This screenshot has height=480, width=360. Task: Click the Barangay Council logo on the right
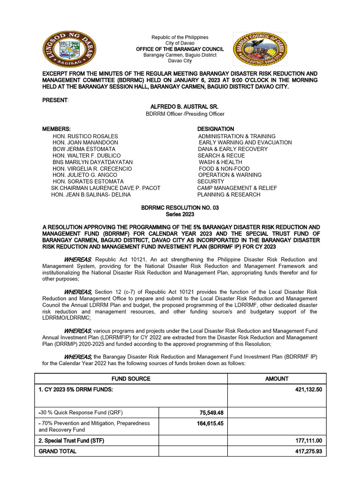(260, 49)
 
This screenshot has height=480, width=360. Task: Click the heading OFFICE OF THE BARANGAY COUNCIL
(180, 49)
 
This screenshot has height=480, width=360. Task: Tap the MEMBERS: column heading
(57, 129)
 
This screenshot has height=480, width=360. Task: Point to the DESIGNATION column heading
(215, 129)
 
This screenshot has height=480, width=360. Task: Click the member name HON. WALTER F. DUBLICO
(87, 156)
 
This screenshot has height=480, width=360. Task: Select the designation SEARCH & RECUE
(221, 156)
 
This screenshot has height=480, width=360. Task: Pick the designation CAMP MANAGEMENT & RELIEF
(237, 188)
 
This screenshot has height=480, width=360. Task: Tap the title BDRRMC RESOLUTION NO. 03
(180, 208)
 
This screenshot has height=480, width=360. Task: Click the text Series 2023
(180, 214)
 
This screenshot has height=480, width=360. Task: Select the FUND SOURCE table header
(131, 379)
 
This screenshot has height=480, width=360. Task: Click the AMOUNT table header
(277, 379)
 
